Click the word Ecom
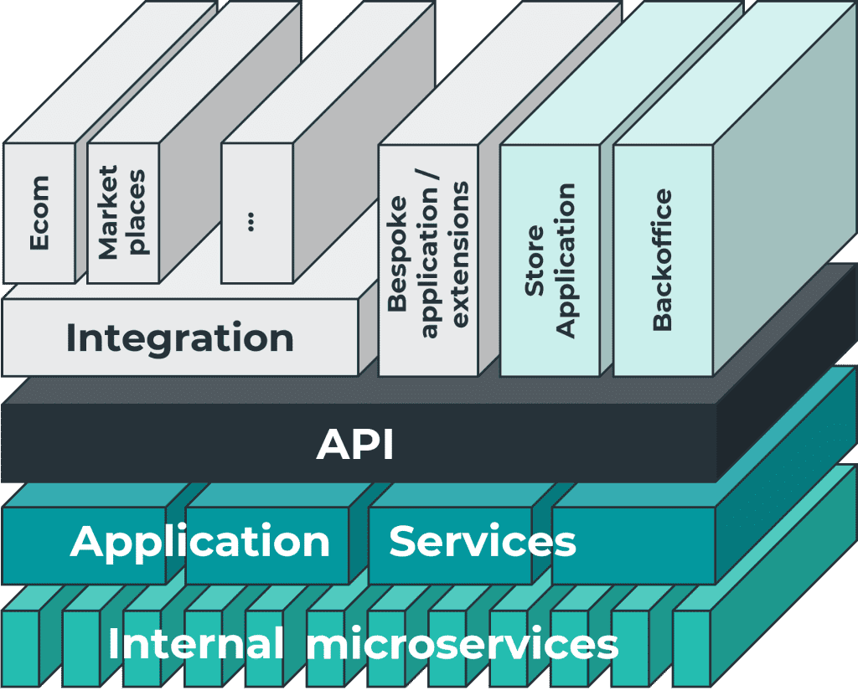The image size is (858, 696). pos(39,213)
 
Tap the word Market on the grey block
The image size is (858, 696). pos(108,213)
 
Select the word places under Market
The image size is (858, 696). pos(137,213)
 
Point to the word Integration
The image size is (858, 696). pos(179,338)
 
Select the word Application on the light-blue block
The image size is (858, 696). pos(566,260)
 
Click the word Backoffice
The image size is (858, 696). pos(662,260)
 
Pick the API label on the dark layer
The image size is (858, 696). pos(355,445)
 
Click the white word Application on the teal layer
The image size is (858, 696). pos(200,541)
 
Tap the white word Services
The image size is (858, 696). pos(483,541)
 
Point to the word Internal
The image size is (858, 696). pos(195,645)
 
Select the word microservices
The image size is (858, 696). pos(462,645)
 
